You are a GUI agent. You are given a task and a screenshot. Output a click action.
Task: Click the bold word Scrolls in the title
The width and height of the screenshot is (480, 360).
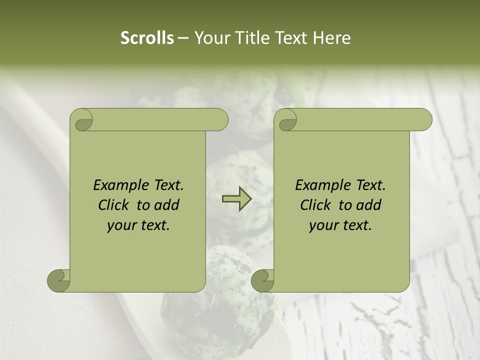point(147,38)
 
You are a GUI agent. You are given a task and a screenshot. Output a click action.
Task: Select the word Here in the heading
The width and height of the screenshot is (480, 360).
point(331,38)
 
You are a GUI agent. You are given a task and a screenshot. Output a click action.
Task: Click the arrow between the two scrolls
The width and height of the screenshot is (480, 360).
point(236,198)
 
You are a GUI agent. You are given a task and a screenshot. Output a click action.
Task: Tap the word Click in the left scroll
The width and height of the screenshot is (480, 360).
point(114,205)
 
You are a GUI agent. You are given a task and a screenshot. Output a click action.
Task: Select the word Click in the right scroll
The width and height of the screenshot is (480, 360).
point(316,205)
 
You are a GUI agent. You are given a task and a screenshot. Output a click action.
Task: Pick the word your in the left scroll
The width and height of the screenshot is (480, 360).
point(121,225)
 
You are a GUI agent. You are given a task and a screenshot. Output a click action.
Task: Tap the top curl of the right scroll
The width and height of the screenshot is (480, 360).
point(286,120)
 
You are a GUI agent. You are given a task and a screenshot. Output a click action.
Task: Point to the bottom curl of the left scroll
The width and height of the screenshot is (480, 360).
point(59,280)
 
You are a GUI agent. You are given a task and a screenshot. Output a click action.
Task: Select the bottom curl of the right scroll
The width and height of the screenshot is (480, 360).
point(263,280)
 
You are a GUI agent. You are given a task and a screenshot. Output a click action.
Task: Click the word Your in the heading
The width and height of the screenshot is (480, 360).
point(210,38)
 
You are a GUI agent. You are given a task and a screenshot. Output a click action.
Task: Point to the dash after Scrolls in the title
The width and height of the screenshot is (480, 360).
point(183,38)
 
